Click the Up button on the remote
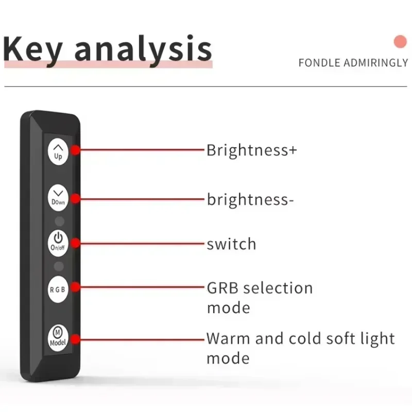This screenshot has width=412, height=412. coord(58,152)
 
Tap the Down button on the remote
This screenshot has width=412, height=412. coord(58,198)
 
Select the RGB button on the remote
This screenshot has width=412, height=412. coord(58,289)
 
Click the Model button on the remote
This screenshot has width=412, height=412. coord(58,338)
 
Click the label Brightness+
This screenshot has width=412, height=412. coord(252,150)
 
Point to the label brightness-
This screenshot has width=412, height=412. coord(250,199)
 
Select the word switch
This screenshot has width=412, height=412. coord(231,244)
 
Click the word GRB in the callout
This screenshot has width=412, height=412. coord(222,288)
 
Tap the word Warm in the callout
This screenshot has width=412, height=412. coord(228,338)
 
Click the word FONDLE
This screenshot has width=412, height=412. coord(319,63)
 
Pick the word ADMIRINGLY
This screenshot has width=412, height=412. coord(376,63)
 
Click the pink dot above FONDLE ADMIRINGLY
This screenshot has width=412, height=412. coord(400,42)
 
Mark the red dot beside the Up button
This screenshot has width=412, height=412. coord(75,150)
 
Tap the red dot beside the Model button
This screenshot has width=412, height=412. coord(75,339)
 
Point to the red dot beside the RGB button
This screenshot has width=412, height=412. coord(75,287)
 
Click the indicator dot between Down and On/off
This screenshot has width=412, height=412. coord(59,221)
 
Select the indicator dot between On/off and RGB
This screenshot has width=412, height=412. coord(59,266)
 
